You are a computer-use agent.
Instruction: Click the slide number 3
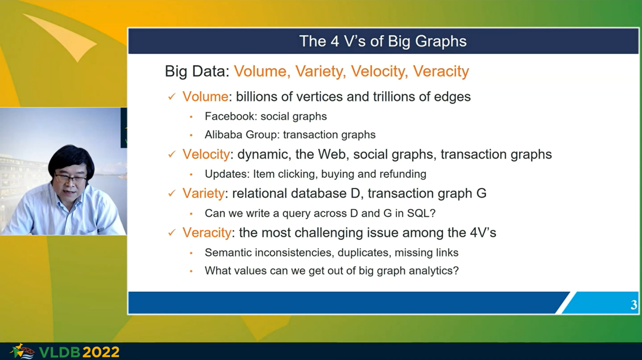[x=634, y=305]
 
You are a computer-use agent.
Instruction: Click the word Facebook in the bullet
[x=230, y=116]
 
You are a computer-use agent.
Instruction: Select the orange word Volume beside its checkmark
[x=205, y=97]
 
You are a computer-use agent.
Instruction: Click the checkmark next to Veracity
[x=172, y=233]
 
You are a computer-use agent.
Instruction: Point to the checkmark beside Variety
[x=172, y=194]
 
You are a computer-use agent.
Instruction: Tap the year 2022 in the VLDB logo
[x=100, y=352]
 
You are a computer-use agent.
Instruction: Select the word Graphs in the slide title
[x=441, y=42]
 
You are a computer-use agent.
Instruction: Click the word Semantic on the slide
[x=227, y=252]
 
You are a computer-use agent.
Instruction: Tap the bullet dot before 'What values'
[x=191, y=271]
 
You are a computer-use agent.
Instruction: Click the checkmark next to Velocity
[x=172, y=154]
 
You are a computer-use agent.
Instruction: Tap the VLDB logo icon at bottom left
[x=22, y=351]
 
